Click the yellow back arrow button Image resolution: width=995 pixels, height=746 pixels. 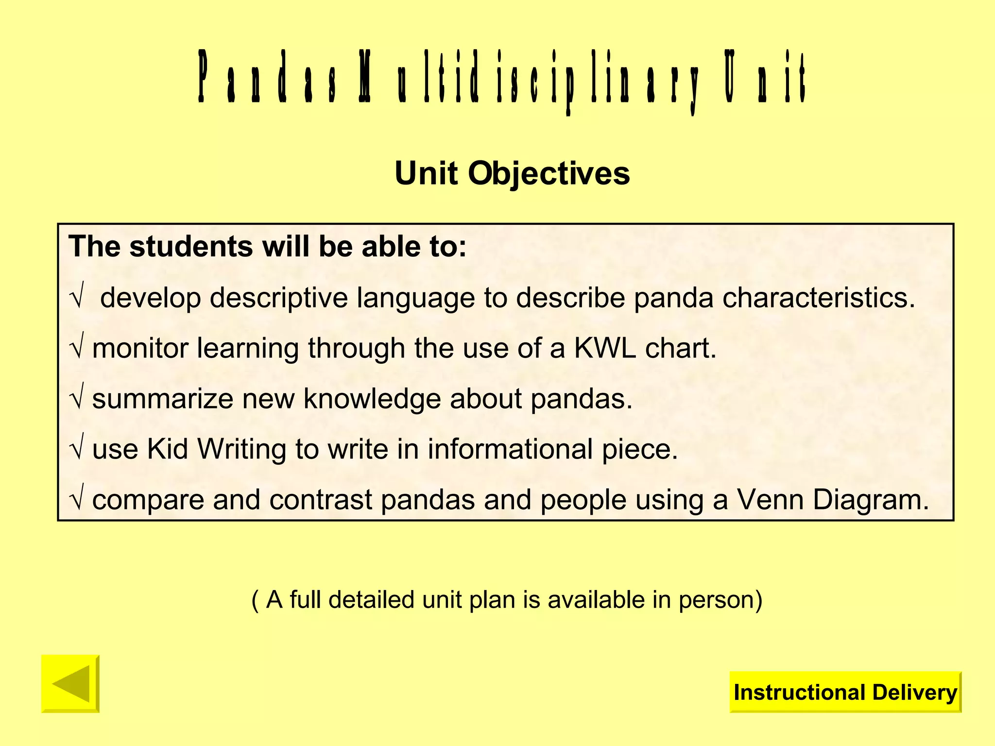pyautogui.click(x=70, y=684)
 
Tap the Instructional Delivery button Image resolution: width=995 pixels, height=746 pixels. pyautogui.click(x=845, y=692)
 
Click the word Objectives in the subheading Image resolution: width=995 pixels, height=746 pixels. pyautogui.click(x=549, y=173)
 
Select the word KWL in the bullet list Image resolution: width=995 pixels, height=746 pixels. pyautogui.click(x=605, y=348)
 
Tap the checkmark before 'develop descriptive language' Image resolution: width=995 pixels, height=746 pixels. pyautogui.click(x=77, y=298)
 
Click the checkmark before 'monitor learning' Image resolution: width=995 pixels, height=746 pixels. pyautogui.click(x=77, y=349)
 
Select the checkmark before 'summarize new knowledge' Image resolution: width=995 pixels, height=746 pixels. pyautogui.click(x=77, y=399)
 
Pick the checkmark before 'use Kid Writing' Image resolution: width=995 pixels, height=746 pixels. pyautogui.click(x=77, y=450)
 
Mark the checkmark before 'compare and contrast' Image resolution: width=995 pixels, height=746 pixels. pyautogui.click(x=77, y=500)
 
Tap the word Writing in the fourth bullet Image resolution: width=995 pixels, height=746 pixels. pyautogui.click(x=241, y=450)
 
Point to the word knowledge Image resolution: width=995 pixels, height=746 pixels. pyautogui.click(x=372, y=399)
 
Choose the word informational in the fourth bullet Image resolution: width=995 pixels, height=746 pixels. pyautogui.click(x=510, y=449)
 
